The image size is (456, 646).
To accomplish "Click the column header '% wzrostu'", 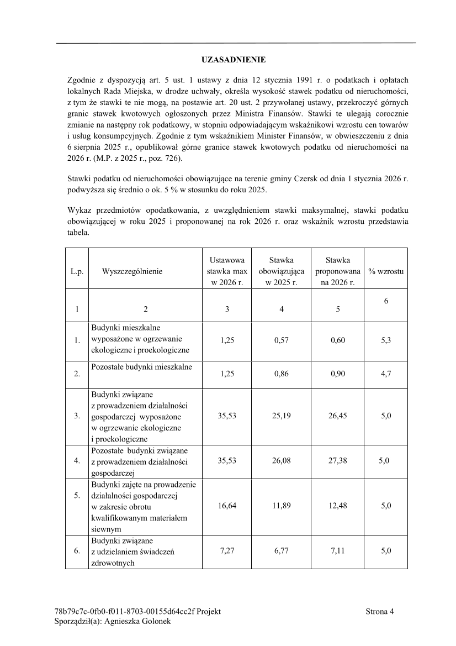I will (386, 271).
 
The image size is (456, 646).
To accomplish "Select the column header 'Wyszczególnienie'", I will (132, 271).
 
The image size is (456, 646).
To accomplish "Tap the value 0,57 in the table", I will (282, 340).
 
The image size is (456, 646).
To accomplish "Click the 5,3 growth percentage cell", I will (386, 340).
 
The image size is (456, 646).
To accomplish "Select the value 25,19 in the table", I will (282, 416).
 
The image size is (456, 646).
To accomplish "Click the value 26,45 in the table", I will (338, 416).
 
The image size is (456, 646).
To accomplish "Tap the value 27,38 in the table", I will (338, 460).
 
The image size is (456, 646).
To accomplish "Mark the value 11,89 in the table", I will (282, 506).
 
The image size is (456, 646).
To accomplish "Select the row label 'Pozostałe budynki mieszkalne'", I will (142, 367).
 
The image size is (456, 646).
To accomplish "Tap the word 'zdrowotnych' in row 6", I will (113, 563).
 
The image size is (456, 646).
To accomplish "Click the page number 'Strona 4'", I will (380, 611).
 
